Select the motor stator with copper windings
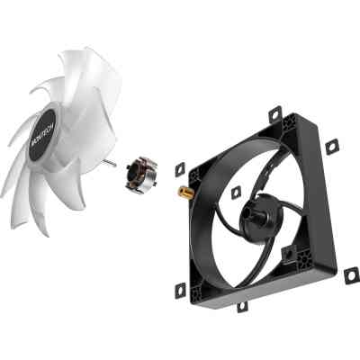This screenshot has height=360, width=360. point(141,172)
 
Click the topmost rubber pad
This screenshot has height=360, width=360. point(274,113)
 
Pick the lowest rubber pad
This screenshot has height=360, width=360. point(242,306)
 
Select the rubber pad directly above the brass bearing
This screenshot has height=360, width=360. point(179,167)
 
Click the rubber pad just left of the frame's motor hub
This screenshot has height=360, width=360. point(236,192)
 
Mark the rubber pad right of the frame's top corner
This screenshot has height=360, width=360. point(331,146)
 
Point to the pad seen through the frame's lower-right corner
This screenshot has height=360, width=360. point(288,256)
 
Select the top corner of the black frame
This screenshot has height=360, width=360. point(290,126)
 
